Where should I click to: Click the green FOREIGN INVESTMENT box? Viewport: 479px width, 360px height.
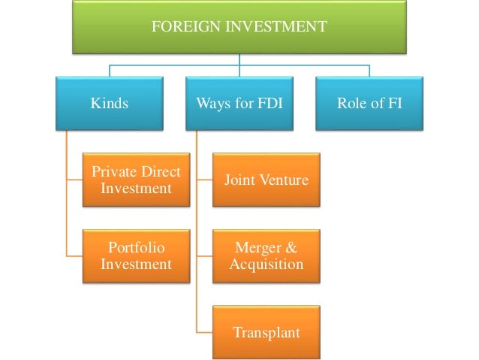(x=239, y=27)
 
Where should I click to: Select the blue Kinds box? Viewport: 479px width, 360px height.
(x=110, y=103)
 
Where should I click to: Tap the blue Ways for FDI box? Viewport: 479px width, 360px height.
(x=239, y=103)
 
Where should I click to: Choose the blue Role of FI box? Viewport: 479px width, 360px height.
(x=369, y=103)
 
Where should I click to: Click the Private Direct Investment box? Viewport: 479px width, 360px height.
(x=136, y=180)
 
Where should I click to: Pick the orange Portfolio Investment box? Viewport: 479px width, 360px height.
(x=136, y=256)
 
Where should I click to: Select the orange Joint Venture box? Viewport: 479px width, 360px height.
(x=266, y=180)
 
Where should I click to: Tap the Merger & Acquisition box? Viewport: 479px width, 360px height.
(x=266, y=256)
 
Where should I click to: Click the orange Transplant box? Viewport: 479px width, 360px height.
(x=266, y=331)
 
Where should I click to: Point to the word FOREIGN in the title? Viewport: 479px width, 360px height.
(x=182, y=27)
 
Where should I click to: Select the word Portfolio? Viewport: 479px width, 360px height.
(x=136, y=247)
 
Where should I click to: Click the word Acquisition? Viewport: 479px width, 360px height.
(x=269, y=265)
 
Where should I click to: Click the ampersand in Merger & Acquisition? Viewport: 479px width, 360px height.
(x=293, y=247)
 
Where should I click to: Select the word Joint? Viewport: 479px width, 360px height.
(x=239, y=180)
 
